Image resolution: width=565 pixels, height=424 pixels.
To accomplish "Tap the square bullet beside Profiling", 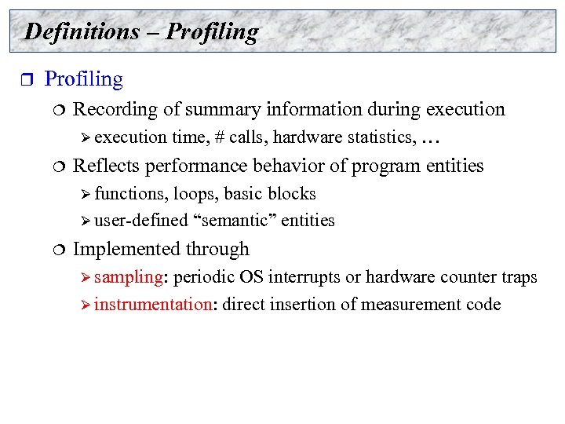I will [x=23, y=80].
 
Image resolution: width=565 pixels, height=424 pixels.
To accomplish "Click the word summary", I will [x=222, y=109].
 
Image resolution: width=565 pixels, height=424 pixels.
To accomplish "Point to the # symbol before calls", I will [x=219, y=138].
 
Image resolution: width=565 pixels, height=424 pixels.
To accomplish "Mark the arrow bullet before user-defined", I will [x=86, y=221].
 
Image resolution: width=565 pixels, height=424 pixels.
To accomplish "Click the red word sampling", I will [x=127, y=277].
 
